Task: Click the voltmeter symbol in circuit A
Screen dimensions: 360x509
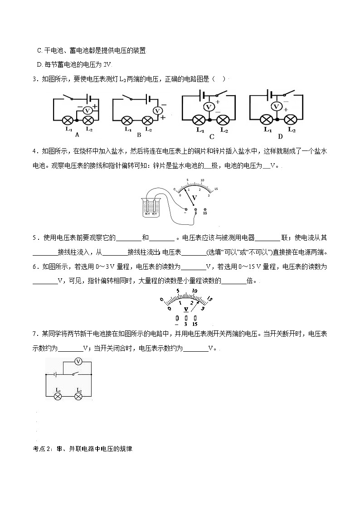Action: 89,111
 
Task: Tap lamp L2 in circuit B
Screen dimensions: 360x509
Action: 147,121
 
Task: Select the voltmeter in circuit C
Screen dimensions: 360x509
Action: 209,107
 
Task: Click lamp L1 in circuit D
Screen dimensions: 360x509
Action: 267,120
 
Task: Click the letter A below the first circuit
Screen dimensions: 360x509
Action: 77,135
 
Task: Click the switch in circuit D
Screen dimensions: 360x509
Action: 289,94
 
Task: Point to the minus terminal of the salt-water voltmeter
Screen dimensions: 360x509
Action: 185,209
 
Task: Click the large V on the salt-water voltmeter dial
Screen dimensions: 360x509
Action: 195,198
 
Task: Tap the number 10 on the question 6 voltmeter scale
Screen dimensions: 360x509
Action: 194,291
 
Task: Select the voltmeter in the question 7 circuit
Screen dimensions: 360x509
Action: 78,361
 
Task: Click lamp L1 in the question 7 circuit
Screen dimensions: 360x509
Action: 58,396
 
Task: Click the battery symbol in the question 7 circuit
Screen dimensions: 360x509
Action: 54,374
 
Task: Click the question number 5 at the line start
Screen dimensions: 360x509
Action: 34,238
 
